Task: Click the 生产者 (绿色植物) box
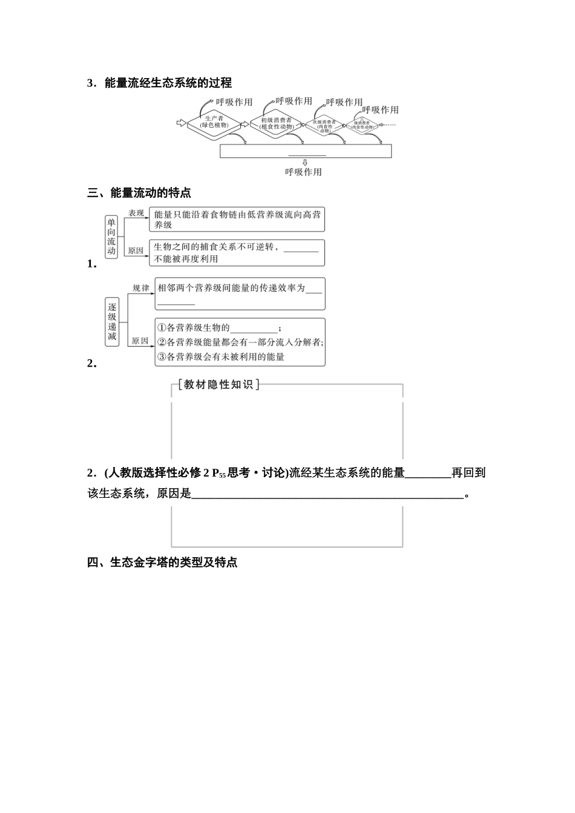pos(214,122)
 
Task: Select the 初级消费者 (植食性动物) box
pos(276,123)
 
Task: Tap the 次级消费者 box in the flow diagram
pos(324,125)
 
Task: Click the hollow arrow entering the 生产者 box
pos(180,123)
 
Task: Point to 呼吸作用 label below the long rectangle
pos(304,172)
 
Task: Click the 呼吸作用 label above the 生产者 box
pos(235,102)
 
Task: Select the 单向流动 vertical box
pos(111,237)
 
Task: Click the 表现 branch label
pos(136,213)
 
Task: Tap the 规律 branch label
pos(141,288)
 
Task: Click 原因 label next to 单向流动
pos(136,250)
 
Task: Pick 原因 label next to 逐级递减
pos(140,341)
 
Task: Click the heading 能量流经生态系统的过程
pos(168,83)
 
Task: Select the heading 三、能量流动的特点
pos(139,193)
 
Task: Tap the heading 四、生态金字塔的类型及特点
pos(162,563)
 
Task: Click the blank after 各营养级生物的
pos(254,328)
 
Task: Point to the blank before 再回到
pos(428,474)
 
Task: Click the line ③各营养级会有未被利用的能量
pos(221,357)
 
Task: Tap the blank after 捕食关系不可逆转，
pos(301,247)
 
